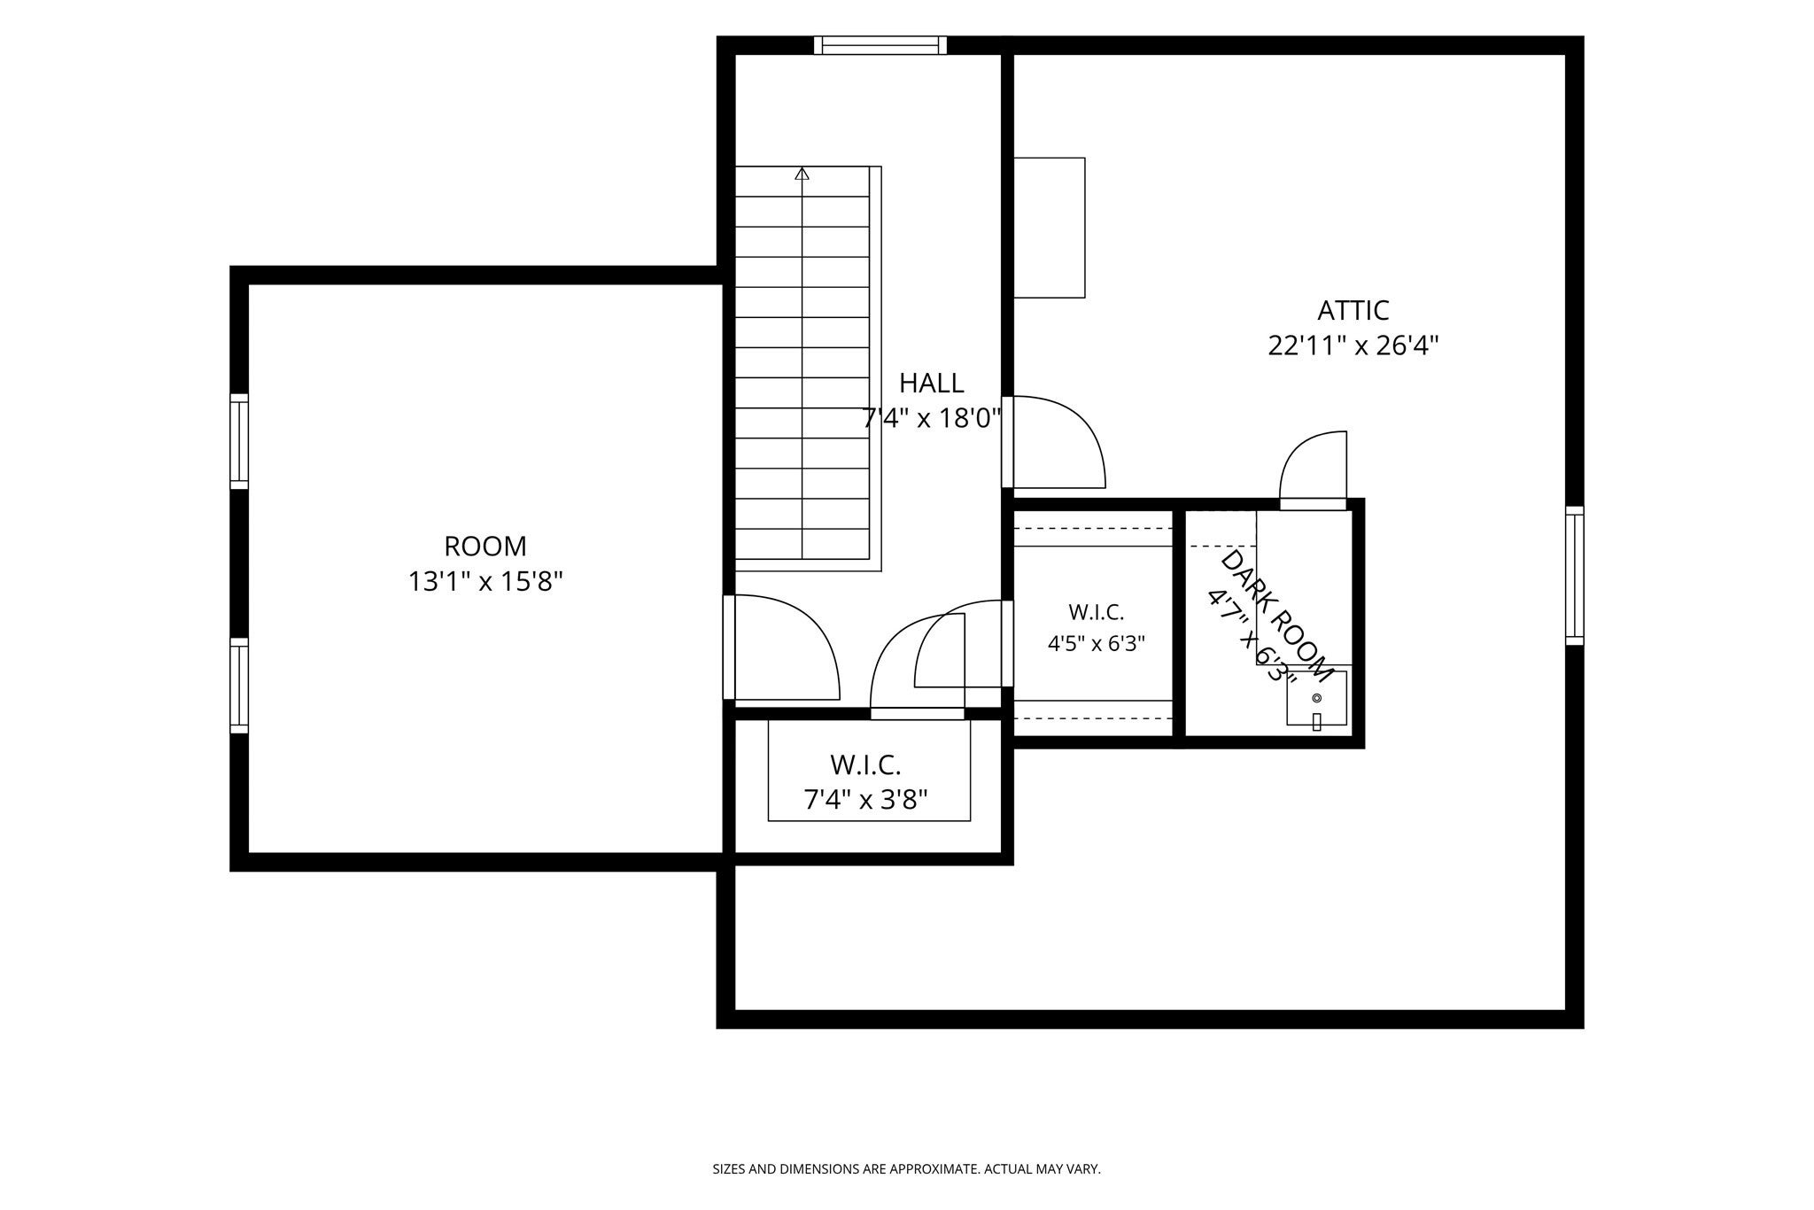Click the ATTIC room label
pos(1353,311)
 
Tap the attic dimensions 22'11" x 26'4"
pos(1353,345)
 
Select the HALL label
pos(932,384)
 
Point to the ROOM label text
pos(485,546)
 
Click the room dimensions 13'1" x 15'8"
pos(485,582)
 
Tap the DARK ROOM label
pos(1276,617)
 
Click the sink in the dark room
pos(1316,699)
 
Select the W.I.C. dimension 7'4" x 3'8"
pos(865,801)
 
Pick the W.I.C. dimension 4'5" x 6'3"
pos(1097,644)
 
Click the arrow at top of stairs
pos(802,174)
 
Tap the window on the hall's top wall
pos(880,45)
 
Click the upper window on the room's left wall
pos(239,441)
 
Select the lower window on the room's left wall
pos(239,686)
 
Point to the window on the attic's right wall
pos(1574,576)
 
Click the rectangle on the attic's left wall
pos(1050,228)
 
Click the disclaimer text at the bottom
pos(907,1169)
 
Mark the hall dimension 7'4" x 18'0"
pos(932,418)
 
